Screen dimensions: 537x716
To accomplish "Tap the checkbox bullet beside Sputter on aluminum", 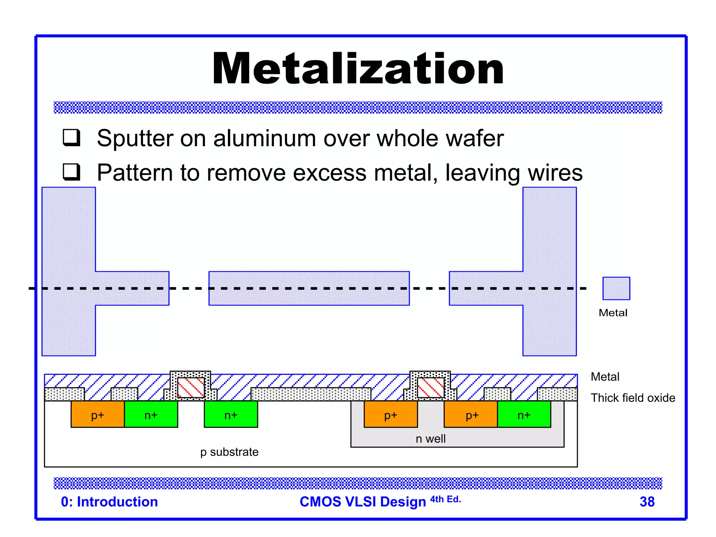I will pyautogui.click(x=71, y=137).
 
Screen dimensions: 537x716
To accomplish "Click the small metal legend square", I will pyautogui.click(x=616, y=288).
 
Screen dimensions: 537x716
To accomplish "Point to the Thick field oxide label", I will pyautogui.click(x=632, y=398).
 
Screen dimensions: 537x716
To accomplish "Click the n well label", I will pyautogui.click(x=430, y=439).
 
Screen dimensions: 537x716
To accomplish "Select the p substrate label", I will pyautogui.click(x=229, y=452).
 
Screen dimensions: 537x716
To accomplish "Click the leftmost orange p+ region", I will pyautogui.click(x=98, y=415).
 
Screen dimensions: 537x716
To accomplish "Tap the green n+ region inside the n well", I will pyautogui.click(x=524, y=415).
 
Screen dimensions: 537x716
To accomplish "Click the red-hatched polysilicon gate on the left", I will pyautogui.click(x=191, y=387).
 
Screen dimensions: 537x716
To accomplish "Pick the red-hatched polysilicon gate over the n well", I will pyautogui.click(x=431, y=387).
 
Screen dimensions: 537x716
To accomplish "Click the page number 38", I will pyautogui.click(x=647, y=502).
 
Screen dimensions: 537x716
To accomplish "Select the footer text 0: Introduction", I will pyautogui.click(x=109, y=502).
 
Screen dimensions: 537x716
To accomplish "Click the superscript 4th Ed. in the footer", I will pyautogui.click(x=445, y=499).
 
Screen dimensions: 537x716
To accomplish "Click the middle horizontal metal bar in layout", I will pyautogui.click(x=309, y=288).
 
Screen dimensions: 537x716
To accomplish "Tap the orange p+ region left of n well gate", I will pyautogui.click(x=391, y=415).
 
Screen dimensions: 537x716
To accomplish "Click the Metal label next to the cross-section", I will pyautogui.click(x=605, y=377).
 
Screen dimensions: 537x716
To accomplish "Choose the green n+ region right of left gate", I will pyautogui.click(x=231, y=415).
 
